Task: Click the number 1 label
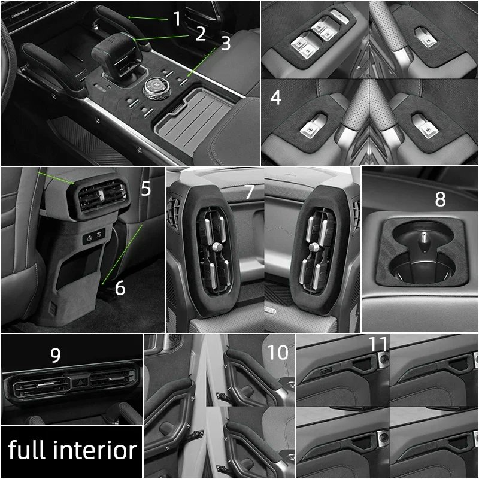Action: click(177, 19)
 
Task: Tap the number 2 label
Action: click(201, 34)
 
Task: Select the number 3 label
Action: click(226, 44)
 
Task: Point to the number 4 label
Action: click(275, 98)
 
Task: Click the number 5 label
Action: click(146, 189)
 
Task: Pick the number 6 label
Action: click(120, 288)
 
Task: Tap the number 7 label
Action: click(250, 192)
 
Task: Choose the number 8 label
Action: click(440, 199)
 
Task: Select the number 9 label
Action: click(55, 355)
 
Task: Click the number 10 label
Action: click(277, 353)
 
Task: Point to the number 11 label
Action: click(378, 344)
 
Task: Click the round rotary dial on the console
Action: click(157, 88)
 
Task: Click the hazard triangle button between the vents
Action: click(80, 382)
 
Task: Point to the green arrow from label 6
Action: click(122, 254)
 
